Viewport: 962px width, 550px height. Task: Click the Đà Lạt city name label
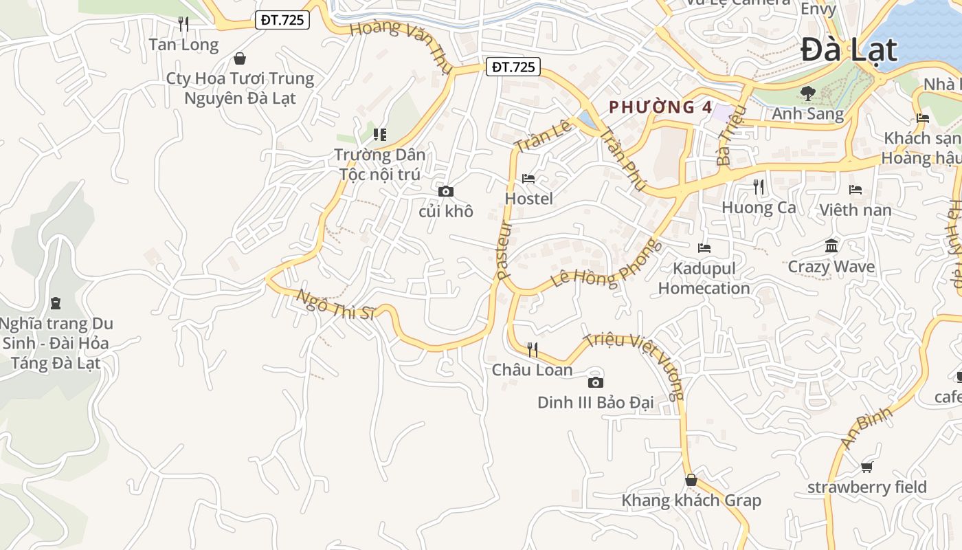click(849, 50)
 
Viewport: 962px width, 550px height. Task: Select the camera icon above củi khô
click(445, 191)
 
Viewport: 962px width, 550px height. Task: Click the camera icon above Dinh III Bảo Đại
click(596, 382)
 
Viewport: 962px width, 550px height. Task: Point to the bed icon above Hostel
click(528, 179)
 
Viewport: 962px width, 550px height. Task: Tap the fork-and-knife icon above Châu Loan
click(532, 350)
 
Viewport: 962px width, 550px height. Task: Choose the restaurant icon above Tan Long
click(183, 25)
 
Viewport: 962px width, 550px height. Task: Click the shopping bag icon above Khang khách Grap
click(691, 480)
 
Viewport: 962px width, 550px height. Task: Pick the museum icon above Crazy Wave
click(831, 246)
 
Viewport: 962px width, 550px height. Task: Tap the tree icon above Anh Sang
click(808, 93)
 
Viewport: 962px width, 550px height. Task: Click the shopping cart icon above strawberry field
click(866, 467)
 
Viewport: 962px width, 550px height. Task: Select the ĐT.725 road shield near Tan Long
click(282, 20)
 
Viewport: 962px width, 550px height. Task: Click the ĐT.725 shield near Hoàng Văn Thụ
click(513, 67)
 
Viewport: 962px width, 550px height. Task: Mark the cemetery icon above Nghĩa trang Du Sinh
click(56, 302)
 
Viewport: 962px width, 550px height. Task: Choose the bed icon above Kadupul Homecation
click(704, 248)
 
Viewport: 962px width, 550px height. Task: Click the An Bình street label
click(867, 427)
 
